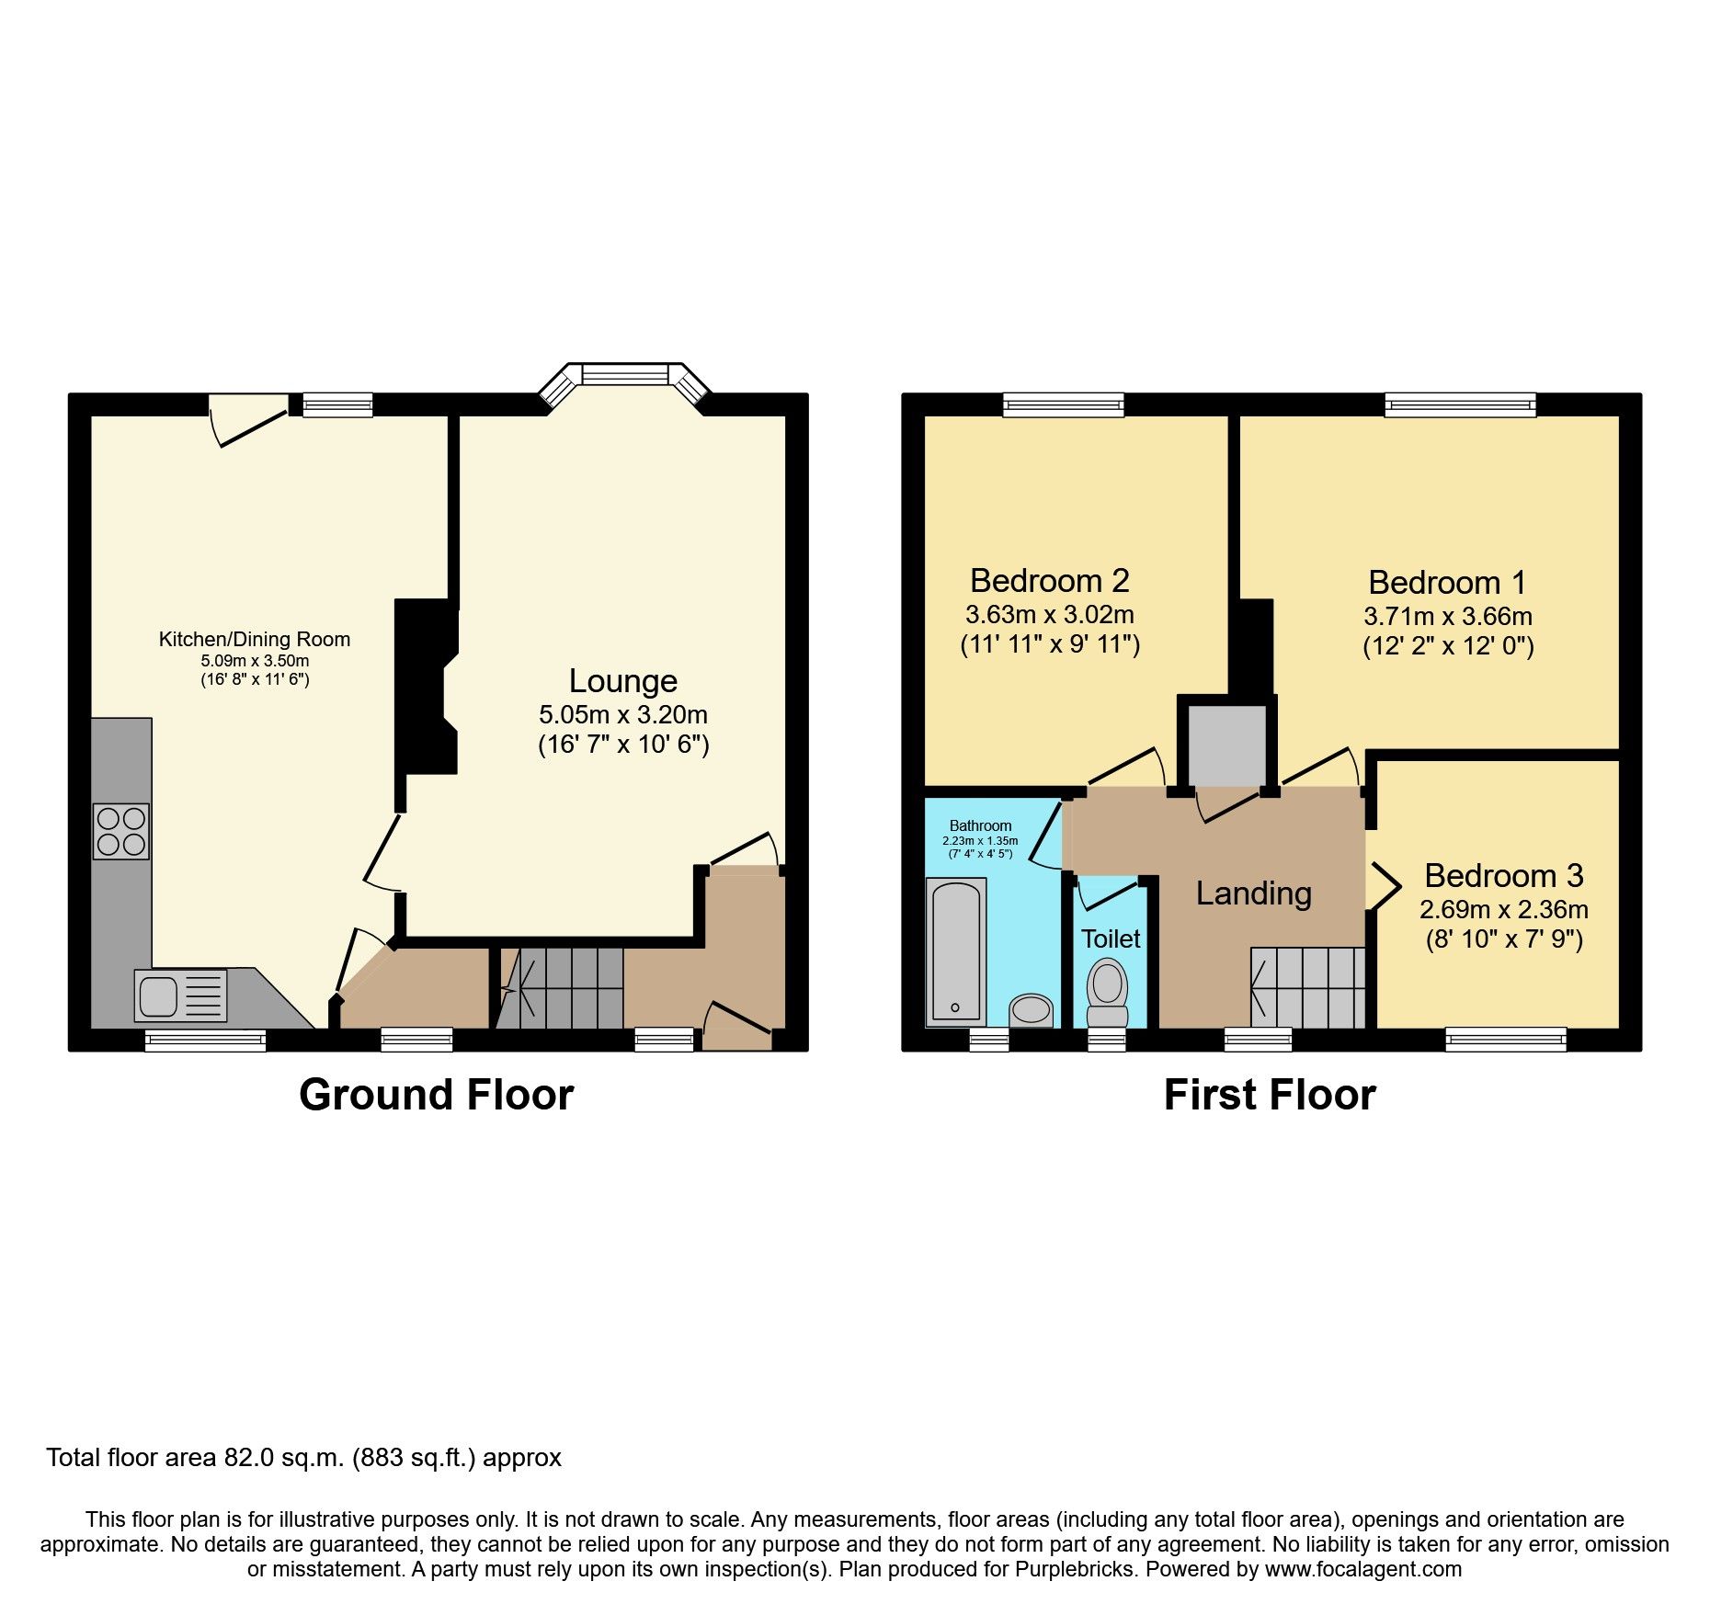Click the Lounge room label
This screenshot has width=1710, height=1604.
coord(622,681)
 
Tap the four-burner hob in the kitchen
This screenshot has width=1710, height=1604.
coord(121,831)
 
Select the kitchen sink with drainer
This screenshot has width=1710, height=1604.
coord(180,995)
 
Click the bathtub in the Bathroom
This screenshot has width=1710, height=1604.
coord(956,951)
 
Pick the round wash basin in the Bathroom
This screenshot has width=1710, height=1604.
coord(1031,1008)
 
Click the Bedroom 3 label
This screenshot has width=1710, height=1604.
coord(1503,875)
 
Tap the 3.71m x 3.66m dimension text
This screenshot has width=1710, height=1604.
coord(1447,616)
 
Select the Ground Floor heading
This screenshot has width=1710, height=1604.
coord(436,1095)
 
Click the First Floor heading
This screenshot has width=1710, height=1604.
coord(1269,1095)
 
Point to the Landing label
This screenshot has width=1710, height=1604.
coord(1253,893)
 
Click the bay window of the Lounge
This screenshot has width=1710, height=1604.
coord(624,376)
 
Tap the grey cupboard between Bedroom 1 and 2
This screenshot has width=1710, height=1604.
coord(1226,745)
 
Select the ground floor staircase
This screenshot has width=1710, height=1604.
coord(561,988)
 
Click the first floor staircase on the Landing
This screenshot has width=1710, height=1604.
coord(1307,987)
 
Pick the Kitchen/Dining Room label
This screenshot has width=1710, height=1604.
coord(254,639)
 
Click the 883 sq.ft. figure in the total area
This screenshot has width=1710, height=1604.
coord(414,1458)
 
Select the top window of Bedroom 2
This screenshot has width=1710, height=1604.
coord(1063,404)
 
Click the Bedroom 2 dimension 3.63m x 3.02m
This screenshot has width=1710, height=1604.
coord(1049,614)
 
